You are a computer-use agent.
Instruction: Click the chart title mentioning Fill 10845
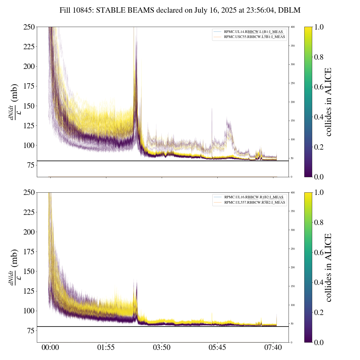[180, 10]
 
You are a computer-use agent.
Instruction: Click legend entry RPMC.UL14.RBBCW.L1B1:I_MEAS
[253, 32]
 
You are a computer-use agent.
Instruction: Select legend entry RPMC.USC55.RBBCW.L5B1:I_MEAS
[254, 37]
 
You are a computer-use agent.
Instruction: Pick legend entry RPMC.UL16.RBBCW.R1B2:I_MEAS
[253, 197]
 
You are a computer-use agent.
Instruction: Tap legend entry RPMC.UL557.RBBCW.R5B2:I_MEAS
[255, 202]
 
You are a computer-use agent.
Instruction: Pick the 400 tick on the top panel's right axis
[293, 27]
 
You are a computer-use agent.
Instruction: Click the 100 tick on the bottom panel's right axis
[293, 305]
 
